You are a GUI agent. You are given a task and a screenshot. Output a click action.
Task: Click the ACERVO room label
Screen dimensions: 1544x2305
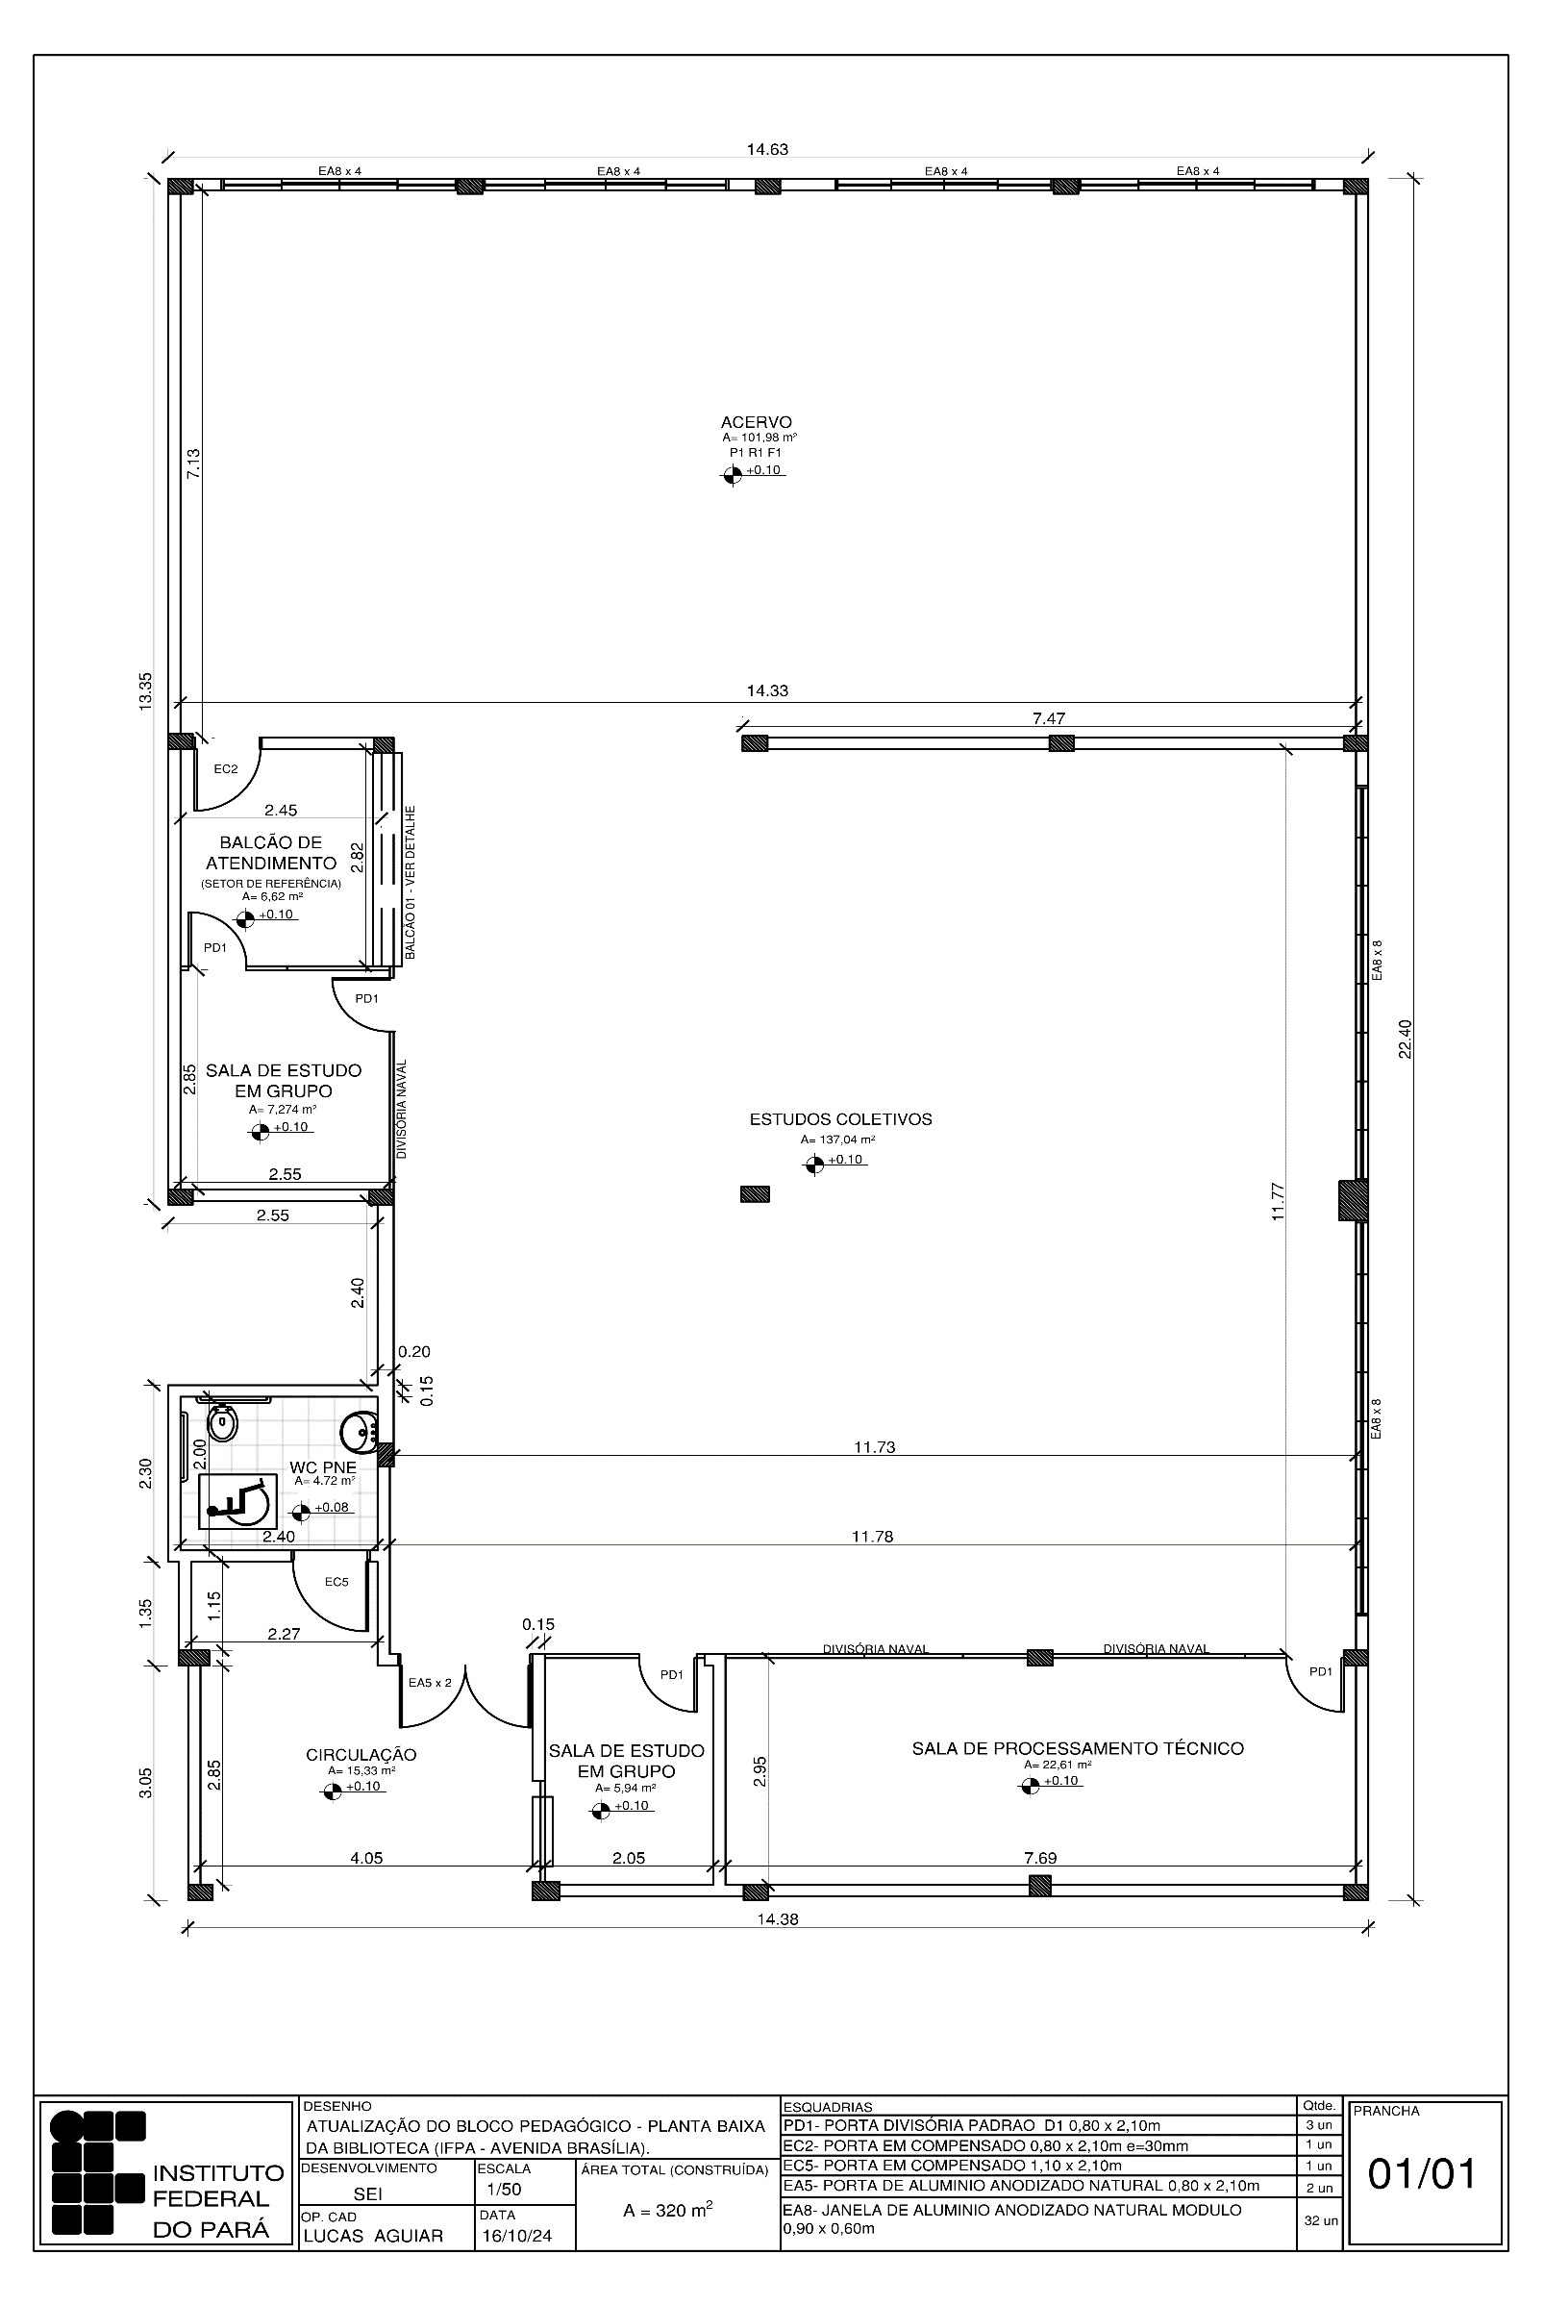click(x=757, y=422)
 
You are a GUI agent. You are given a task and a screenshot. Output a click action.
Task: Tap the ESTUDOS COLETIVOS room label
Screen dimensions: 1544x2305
click(x=841, y=1119)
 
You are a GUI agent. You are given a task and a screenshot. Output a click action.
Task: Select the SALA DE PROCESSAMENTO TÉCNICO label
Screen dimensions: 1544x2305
click(x=1078, y=1748)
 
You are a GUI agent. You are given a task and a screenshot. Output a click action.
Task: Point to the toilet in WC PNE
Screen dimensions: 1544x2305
click(x=224, y=1421)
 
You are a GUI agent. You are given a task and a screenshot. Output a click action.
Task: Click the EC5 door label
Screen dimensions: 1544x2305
click(x=336, y=1581)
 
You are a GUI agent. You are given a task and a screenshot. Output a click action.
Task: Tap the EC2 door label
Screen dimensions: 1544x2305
click(x=226, y=769)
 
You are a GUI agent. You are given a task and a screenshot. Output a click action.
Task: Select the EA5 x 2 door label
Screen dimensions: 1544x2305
click(x=430, y=1683)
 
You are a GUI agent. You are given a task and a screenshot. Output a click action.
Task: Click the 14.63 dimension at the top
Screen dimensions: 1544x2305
click(x=767, y=150)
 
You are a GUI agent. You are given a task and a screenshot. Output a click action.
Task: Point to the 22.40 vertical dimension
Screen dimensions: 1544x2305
click(x=1406, y=1039)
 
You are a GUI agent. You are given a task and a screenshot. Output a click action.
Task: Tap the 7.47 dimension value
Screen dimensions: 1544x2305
click(x=1049, y=718)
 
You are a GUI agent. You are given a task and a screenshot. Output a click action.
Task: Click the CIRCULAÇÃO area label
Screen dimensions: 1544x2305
click(x=361, y=1755)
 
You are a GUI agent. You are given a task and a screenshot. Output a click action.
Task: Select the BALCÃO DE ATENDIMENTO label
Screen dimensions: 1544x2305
click(x=271, y=853)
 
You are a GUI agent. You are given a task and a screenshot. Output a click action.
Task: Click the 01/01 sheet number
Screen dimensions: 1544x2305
click(x=1423, y=2174)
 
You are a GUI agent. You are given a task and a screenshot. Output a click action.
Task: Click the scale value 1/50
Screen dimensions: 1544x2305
click(x=504, y=2190)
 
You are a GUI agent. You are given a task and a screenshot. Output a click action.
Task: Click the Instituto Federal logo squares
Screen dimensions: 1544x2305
click(x=97, y=2172)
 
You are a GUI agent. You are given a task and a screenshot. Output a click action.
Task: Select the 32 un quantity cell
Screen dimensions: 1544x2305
click(x=1319, y=2221)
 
